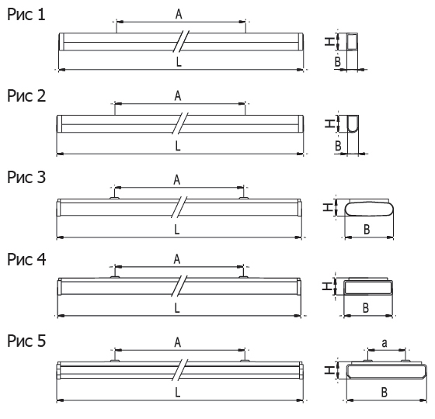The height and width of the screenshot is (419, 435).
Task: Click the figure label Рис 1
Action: click(x=26, y=15)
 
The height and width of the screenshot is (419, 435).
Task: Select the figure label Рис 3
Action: click(x=26, y=177)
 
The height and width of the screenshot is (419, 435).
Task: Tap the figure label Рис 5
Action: click(x=26, y=341)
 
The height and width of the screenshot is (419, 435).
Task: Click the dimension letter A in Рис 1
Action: click(x=179, y=14)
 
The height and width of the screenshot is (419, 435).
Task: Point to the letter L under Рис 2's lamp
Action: click(x=178, y=146)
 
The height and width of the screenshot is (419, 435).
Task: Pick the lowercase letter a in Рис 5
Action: click(x=385, y=343)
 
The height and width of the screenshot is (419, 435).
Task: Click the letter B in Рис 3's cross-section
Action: click(x=367, y=230)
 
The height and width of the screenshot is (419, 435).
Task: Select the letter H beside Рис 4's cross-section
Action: click(x=328, y=286)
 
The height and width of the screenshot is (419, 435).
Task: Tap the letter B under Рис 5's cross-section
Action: click(x=385, y=392)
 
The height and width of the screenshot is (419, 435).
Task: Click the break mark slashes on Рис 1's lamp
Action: click(x=181, y=41)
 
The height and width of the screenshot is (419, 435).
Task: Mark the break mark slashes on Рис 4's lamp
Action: click(x=179, y=286)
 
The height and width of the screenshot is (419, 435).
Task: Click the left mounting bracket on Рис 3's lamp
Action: click(x=114, y=198)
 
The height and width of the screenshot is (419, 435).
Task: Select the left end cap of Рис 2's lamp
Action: click(x=59, y=124)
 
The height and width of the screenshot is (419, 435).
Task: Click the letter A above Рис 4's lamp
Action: click(x=177, y=259)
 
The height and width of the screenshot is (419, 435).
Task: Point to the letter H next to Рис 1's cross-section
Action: click(x=329, y=42)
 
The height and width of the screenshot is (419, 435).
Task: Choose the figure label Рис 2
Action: click(x=26, y=96)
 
